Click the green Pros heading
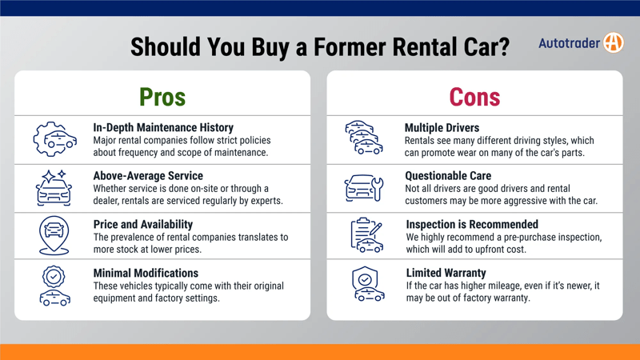click(162, 97)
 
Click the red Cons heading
click(474, 97)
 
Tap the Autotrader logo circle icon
click(613, 43)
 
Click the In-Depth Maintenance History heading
click(163, 128)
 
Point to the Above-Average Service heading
click(148, 176)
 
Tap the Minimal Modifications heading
click(146, 274)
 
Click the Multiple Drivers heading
click(442, 128)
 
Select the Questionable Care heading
click(448, 176)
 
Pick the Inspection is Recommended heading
click(472, 225)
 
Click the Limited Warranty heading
click(446, 274)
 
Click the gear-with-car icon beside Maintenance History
click(54, 139)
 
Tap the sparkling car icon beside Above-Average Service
click(54, 188)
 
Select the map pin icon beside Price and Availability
click(54, 236)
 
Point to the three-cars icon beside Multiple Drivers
click(364, 138)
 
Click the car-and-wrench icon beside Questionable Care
click(364, 188)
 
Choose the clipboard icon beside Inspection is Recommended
click(366, 236)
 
